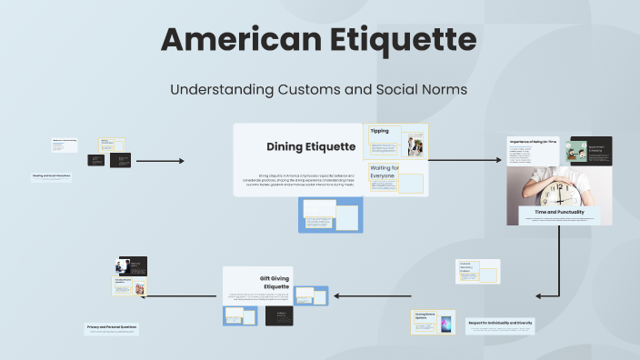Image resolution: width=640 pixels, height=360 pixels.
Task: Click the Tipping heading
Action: point(379,131)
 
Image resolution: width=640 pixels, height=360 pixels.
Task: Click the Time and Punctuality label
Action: point(559,211)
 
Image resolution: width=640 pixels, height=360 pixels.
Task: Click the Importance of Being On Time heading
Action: point(533,142)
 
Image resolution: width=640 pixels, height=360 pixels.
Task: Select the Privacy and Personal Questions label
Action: point(113,326)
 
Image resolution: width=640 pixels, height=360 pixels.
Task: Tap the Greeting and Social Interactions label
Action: point(51,175)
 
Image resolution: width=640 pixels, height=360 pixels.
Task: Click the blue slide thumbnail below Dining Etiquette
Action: point(330,215)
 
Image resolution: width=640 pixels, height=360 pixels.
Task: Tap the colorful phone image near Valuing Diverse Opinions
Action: point(446,324)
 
